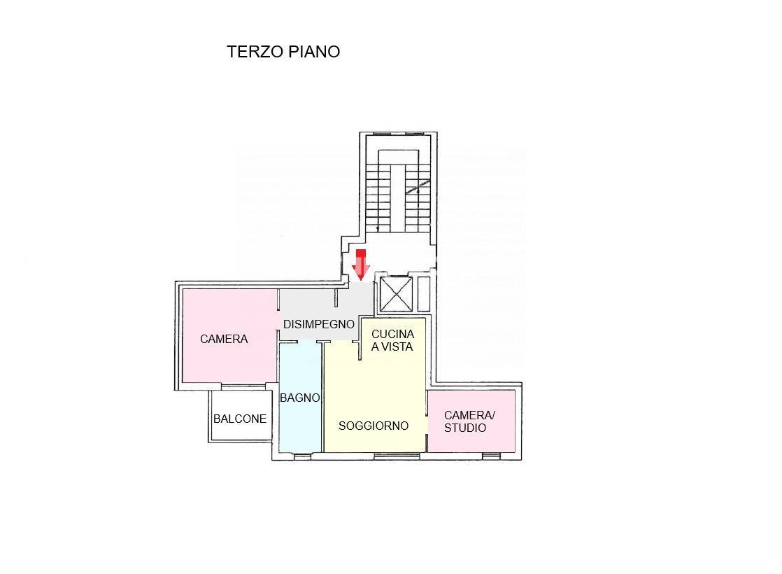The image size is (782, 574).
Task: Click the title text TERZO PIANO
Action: [x=283, y=52]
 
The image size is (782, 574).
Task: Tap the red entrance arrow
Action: [x=361, y=265]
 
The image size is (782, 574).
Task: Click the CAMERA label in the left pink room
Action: [x=224, y=339]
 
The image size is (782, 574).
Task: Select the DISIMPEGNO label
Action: [x=318, y=325]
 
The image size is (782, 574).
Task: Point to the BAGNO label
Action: [x=300, y=398]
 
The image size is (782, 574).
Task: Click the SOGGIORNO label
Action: [x=374, y=426]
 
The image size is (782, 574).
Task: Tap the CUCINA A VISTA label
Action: [x=392, y=340]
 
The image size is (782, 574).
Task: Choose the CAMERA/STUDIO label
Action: [x=469, y=421]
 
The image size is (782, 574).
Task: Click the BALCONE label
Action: [x=240, y=419]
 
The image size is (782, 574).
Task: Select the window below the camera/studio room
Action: [x=492, y=456]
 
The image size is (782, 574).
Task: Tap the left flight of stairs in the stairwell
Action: [x=378, y=192]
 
